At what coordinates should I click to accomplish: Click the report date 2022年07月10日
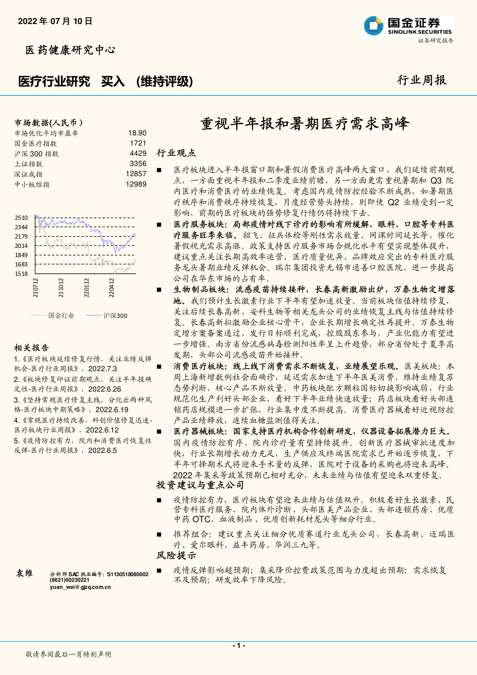(55, 21)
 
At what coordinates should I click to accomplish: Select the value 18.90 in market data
(137, 133)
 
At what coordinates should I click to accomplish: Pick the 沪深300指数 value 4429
(138, 153)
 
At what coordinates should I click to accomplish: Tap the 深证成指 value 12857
(136, 174)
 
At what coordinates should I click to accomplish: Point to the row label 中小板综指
(32, 184)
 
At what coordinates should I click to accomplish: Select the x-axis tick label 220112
(86, 288)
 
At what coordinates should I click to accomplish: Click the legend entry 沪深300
(115, 316)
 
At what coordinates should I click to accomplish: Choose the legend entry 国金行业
(61, 316)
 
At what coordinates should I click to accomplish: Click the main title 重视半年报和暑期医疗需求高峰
(305, 124)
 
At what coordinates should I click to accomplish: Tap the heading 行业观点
(176, 153)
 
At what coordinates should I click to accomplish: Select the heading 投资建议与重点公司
(200, 485)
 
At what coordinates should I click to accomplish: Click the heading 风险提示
(176, 555)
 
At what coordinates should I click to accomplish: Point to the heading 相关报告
(32, 348)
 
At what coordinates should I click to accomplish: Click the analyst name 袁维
(24, 573)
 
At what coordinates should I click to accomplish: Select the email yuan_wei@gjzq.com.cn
(80, 587)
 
